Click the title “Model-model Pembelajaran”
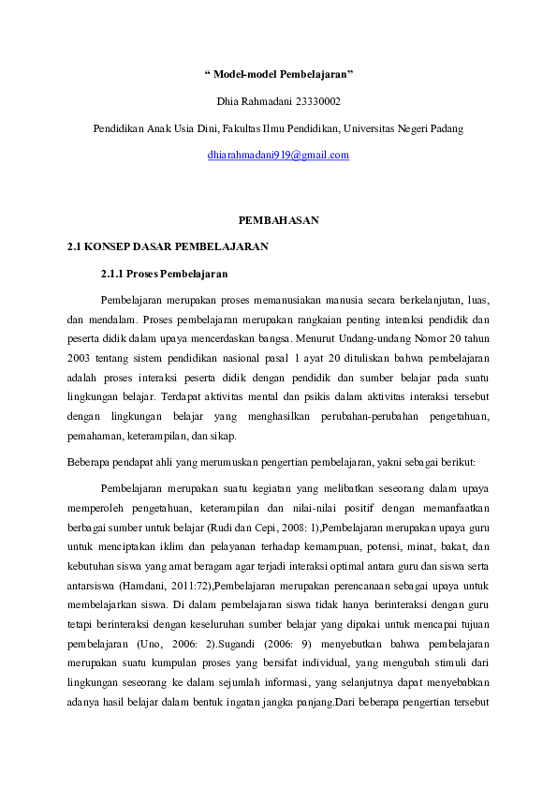point(278,73)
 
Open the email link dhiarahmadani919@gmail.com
point(278,155)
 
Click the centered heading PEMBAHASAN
point(278,220)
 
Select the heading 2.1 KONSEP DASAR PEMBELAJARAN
point(169,247)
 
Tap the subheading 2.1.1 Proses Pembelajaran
point(163,275)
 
